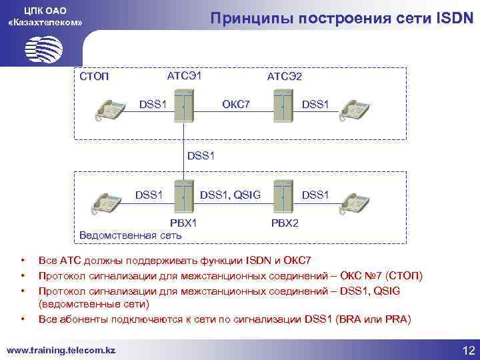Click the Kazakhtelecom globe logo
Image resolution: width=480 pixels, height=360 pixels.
(43, 49)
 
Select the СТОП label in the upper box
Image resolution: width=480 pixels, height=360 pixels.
(93, 77)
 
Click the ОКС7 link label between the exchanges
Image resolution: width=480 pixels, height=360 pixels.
(235, 104)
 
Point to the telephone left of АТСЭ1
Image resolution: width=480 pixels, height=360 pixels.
(111, 109)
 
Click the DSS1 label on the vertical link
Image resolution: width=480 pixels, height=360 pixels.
(203, 155)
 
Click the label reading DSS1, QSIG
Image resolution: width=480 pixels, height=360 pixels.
(230, 195)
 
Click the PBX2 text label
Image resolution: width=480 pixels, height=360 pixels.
(285, 222)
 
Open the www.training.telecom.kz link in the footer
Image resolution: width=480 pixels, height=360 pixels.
(61, 349)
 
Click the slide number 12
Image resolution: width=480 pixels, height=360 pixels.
(467, 350)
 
